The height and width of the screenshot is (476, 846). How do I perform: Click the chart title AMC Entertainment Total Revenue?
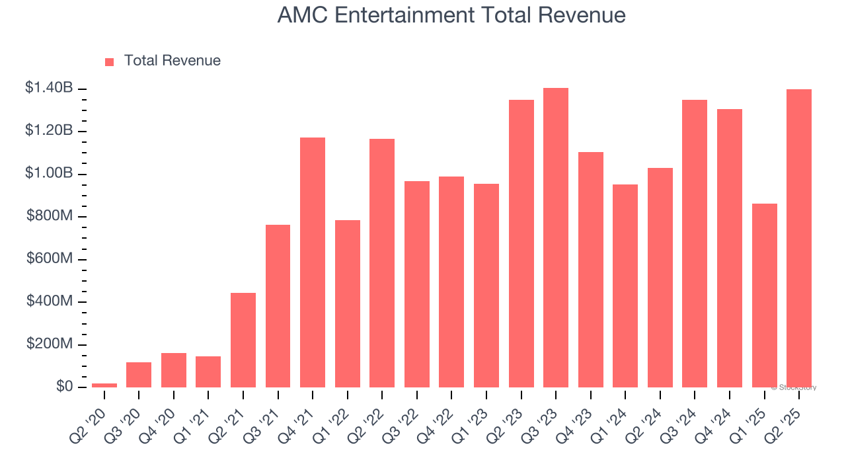click(x=451, y=15)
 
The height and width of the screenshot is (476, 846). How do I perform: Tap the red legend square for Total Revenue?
click(x=110, y=61)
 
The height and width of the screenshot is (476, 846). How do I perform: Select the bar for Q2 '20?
click(x=104, y=385)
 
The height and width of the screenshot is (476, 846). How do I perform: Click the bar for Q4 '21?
click(x=313, y=262)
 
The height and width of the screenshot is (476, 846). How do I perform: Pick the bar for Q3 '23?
click(x=556, y=238)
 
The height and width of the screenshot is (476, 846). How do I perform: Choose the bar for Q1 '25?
click(x=764, y=296)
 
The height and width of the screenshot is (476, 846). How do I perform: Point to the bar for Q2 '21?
click(x=243, y=340)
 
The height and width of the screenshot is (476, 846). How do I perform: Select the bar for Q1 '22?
click(x=348, y=303)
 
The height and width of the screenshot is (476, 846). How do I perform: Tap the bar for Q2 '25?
click(x=799, y=238)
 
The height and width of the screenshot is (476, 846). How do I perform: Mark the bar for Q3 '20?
click(x=139, y=375)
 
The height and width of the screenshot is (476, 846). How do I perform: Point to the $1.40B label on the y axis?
click(x=49, y=88)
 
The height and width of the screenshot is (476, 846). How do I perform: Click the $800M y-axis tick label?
click(x=50, y=216)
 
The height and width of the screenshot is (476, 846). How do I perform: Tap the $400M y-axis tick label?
click(x=50, y=301)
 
